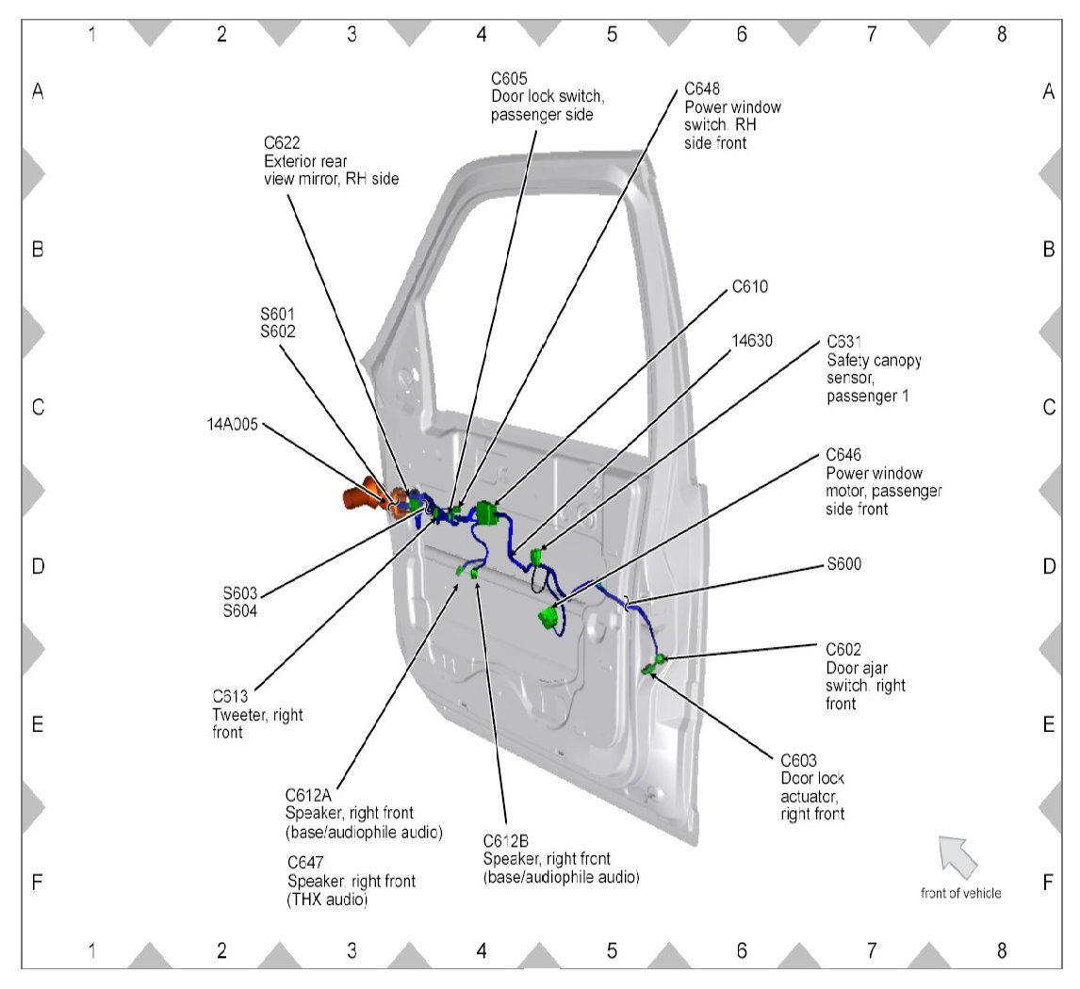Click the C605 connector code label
point(510,77)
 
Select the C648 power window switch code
point(702,89)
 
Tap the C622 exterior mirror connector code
point(282,143)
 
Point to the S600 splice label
point(843,565)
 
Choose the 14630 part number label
point(752,341)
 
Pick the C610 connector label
point(750,286)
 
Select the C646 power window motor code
point(844,455)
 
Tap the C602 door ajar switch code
point(844,650)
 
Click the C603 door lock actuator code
point(800,761)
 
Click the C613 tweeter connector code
point(231,698)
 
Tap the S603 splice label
point(240,593)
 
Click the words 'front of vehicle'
point(961,893)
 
